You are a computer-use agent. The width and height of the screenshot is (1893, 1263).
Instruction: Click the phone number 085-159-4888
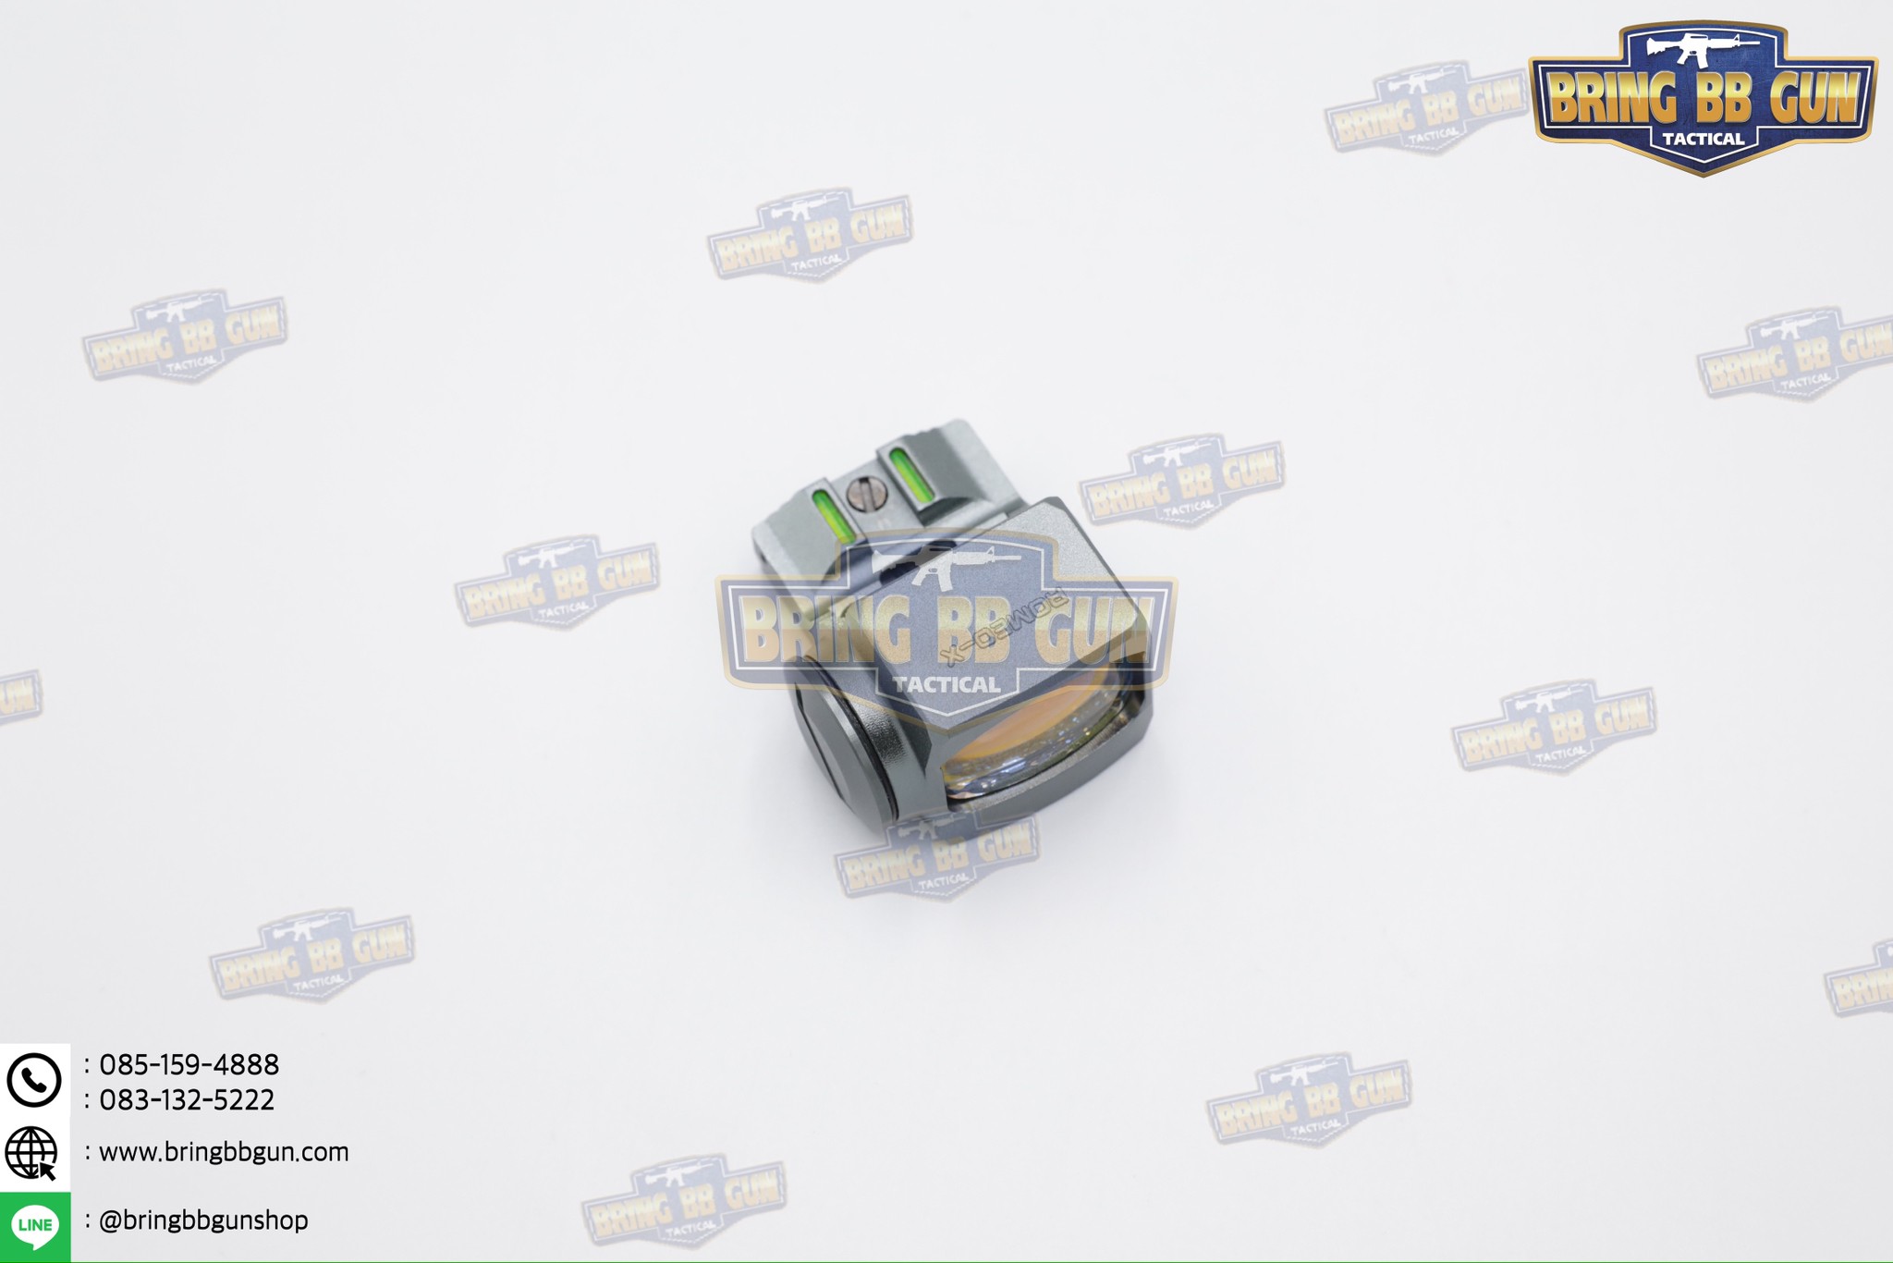pos(189,1065)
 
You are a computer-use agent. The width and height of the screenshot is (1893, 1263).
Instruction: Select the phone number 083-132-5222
pos(187,1100)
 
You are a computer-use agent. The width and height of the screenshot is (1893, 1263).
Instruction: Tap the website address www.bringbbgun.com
pos(224,1152)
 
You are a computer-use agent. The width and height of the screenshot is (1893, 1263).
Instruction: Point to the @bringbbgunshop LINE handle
pos(203,1220)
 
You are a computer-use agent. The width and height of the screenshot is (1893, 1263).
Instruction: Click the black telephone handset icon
pos(34,1080)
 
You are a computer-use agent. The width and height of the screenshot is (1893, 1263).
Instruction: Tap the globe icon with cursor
pos(32,1153)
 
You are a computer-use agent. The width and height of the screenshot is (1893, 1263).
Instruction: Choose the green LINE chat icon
pos(35,1226)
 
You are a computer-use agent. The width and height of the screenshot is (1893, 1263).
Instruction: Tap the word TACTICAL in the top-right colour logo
pos(1704,140)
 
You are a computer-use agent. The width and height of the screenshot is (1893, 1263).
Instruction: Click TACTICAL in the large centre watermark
pos(946,685)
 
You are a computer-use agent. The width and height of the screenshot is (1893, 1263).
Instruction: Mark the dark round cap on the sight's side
pos(837,740)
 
